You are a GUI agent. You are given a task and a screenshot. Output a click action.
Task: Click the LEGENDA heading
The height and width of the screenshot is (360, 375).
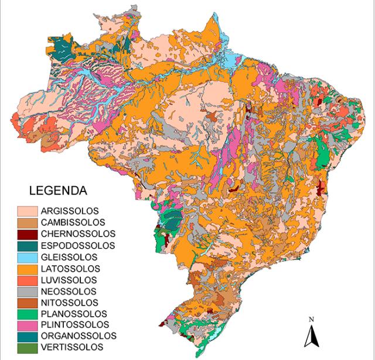coord(58,191)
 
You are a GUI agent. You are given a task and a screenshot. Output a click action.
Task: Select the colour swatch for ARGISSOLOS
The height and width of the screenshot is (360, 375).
coord(27,211)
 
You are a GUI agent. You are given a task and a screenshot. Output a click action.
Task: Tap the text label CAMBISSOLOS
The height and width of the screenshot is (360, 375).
coord(73,222)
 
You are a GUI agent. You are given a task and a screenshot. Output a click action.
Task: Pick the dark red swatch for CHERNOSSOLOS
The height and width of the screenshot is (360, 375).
coord(27,234)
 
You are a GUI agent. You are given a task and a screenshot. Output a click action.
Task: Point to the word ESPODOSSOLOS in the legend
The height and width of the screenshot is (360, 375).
coord(77,245)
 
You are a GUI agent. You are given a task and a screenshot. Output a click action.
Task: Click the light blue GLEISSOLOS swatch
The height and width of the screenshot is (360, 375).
coord(27,257)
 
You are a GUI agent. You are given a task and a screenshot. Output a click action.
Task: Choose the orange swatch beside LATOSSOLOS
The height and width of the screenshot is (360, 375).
coord(27,268)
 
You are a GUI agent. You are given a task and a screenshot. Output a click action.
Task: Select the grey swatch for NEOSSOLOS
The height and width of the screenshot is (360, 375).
coord(27,291)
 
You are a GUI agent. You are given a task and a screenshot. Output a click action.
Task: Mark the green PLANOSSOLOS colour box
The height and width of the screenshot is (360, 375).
coord(27,314)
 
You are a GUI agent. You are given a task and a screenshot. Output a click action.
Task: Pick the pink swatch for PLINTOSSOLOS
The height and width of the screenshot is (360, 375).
coord(27,325)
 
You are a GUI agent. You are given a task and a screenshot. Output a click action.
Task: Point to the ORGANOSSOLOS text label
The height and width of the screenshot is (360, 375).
coord(79,336)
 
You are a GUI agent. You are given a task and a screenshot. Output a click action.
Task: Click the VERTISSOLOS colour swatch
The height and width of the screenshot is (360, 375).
coord(27,348)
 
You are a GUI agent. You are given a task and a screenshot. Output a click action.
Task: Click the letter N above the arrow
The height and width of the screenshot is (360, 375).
coord(312,320)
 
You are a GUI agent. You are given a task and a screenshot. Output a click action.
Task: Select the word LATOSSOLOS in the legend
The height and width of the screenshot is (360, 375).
coord(70,268)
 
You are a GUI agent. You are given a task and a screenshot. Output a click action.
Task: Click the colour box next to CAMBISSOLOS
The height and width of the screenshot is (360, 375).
coord(27,222)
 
